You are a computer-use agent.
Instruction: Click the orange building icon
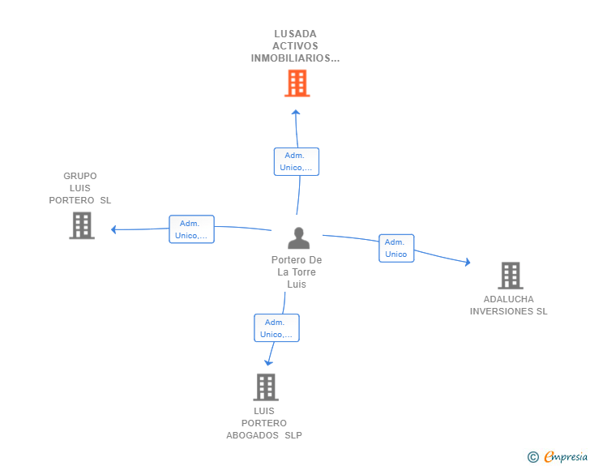(x=297, y=83)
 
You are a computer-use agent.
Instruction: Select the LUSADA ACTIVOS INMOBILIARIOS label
(x=295, y=46)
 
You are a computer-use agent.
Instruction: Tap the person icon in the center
(x=299, y=238)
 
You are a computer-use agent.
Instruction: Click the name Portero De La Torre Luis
(x=297, y=271)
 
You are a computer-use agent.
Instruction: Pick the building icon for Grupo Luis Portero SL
(x=82, y=225)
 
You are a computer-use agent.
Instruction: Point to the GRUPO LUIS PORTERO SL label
(x=80, y=188)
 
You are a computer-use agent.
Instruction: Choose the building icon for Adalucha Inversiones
(x=511, y=276)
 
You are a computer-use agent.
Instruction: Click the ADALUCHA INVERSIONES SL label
(x=508, y=306)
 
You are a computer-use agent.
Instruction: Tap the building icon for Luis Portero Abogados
(x=266, y=387)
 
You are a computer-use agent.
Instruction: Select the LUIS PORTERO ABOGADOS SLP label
(x=264, y=423)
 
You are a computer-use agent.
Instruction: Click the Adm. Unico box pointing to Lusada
(x=297, y=161)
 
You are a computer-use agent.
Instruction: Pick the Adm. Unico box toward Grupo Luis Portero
(x=191, y=229)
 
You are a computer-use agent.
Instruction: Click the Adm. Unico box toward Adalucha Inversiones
(x=396, y=248)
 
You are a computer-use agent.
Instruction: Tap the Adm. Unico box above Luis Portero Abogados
(x=276, y=328)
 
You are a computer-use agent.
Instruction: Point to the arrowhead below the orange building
(x=296, y=112)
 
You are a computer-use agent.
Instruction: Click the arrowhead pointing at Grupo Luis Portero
(x=113, y=229)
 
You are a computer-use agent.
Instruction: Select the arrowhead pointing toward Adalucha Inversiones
(x=468, y=262)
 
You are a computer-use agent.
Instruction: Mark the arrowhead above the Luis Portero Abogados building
(x=268, y=363)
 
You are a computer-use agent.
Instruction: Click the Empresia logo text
(x=566, y=457)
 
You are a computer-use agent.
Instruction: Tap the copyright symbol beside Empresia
(x=533, y=457)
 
